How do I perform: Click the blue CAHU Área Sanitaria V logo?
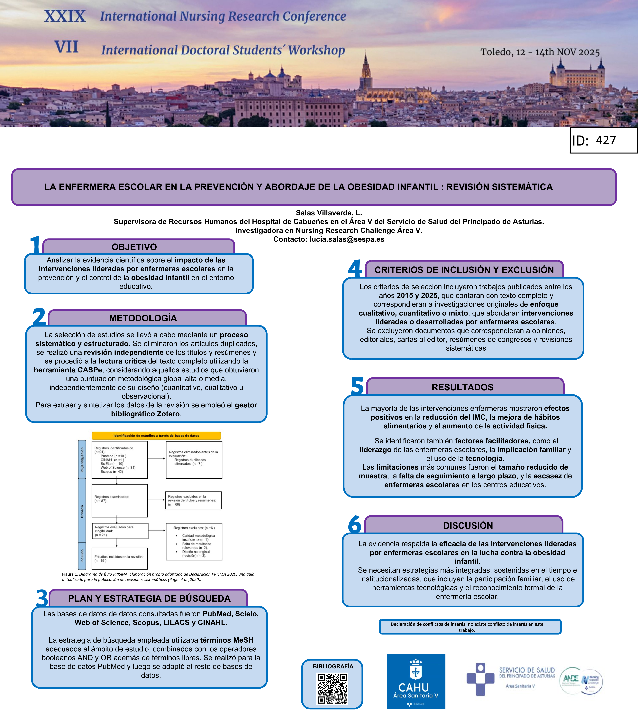[416, 681]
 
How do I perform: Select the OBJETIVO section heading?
[134, 247]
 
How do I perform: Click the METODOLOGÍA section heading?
[143, 318]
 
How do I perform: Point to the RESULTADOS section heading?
[462, 387]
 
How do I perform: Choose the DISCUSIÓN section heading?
[468, 525]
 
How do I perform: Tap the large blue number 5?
[357, 386]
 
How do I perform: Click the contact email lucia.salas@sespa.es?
[347, 239]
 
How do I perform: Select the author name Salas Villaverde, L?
[329, 213]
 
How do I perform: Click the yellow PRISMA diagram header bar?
[156, 436]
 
